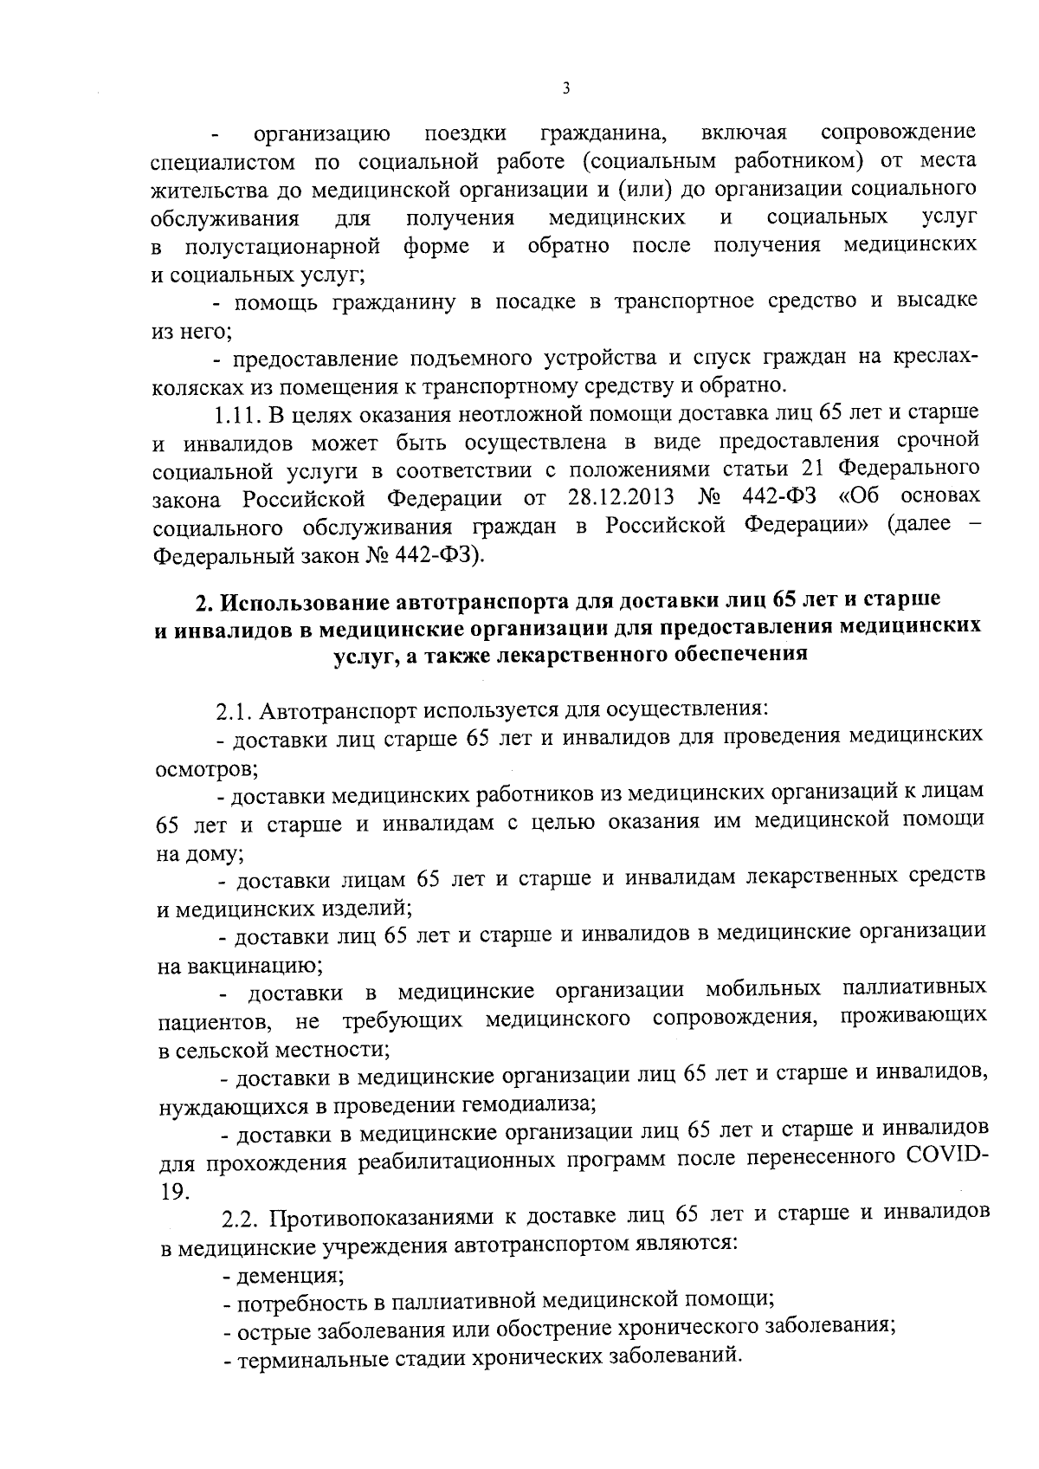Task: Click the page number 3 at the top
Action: [565, 87]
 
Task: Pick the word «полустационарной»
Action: [281, 246]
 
